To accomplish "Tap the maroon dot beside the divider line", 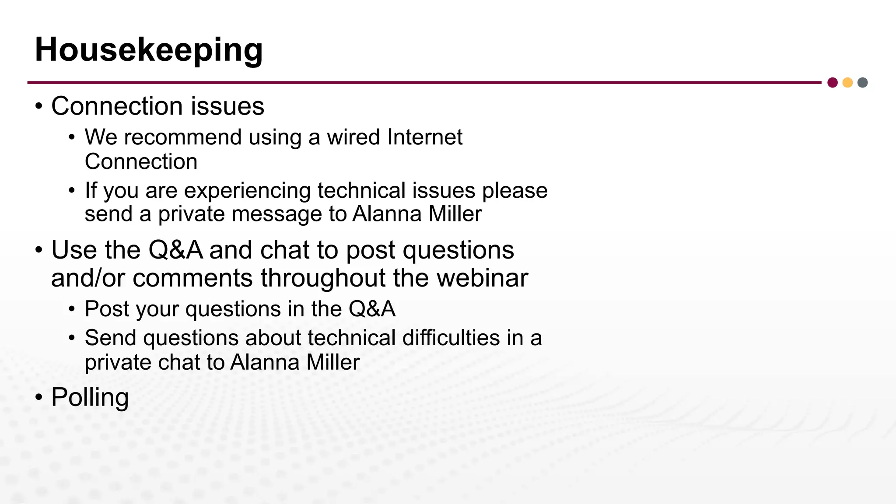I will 833,83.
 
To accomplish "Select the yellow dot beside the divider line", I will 847,83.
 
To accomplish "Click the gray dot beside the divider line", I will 862,83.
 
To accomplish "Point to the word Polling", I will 90,398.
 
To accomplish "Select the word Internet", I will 425,137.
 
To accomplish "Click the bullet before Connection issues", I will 39,106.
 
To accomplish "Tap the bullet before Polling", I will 39,398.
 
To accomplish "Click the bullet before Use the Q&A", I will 39,251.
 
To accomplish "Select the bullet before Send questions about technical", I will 72,338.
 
